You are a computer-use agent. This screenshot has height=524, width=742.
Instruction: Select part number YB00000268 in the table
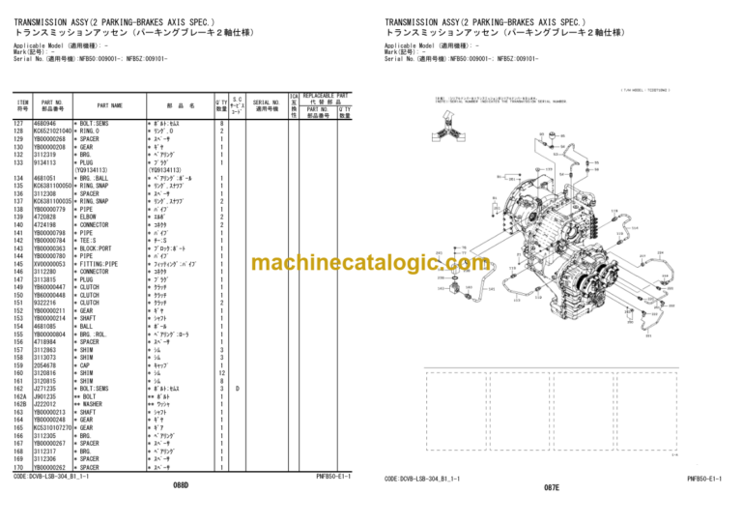(49, 137)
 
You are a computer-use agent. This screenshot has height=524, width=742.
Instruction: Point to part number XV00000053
(49, 263)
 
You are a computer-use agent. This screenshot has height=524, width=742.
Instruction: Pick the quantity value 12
(221, 372)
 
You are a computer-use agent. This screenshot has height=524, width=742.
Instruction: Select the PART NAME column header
(109, 105)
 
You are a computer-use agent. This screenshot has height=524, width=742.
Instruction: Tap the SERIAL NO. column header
(266, 105)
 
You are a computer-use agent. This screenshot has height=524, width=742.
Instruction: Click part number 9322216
(44, 302)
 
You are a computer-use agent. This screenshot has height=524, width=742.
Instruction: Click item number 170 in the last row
(18, 467)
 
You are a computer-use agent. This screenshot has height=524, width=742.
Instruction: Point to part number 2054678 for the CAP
(44, 364)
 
